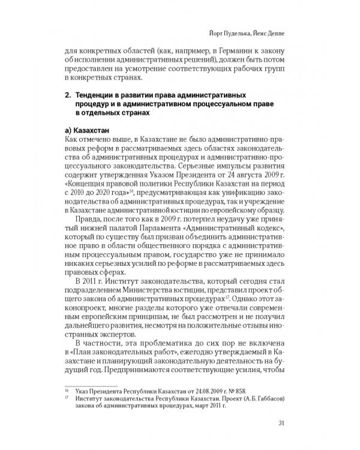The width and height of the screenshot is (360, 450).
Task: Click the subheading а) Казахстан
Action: pos(88,131)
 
